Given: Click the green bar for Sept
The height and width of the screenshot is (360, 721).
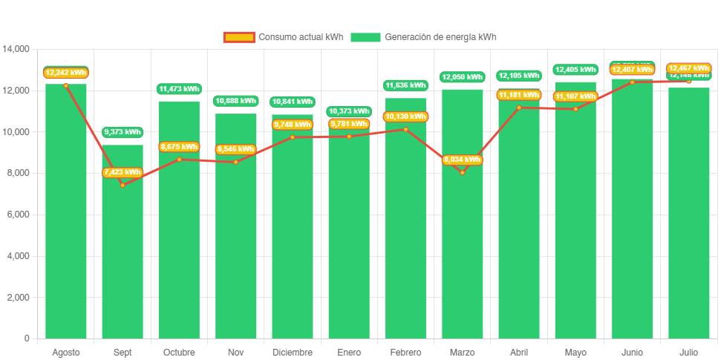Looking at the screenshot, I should pos(123,245).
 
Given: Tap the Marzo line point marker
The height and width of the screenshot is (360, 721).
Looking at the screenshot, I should pos(462,172).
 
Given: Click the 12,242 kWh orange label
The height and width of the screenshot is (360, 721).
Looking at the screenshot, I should pos(65,73).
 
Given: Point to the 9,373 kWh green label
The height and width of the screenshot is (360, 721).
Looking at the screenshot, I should pos(123,132).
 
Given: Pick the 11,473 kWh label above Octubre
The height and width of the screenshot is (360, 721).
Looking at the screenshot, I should pos(179,89).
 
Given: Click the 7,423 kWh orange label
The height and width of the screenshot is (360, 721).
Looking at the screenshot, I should pos(123,172).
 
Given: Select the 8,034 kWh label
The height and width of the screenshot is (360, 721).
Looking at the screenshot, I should pos(462,160).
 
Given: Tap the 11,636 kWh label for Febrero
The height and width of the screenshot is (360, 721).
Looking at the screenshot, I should pos(405,85).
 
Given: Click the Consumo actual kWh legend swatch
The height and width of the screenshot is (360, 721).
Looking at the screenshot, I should pos(239,37).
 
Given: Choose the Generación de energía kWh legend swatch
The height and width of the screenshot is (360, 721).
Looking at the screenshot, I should pos(365,37).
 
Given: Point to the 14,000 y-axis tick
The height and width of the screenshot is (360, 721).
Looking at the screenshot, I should pos(16,49).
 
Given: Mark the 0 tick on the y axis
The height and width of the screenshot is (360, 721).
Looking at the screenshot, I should pos(27,338).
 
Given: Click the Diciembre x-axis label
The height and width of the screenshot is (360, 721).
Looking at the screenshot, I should pos(292,352).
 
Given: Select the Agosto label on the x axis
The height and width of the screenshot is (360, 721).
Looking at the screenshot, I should pos(65,352).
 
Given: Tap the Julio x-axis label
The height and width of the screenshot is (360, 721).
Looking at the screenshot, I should pos(688,352).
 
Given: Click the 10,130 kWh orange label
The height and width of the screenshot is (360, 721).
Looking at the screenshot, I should pos(405,117).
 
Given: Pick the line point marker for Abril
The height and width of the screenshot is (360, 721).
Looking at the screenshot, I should pos(518,108).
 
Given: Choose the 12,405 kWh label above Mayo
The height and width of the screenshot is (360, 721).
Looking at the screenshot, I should pos(575,70).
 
